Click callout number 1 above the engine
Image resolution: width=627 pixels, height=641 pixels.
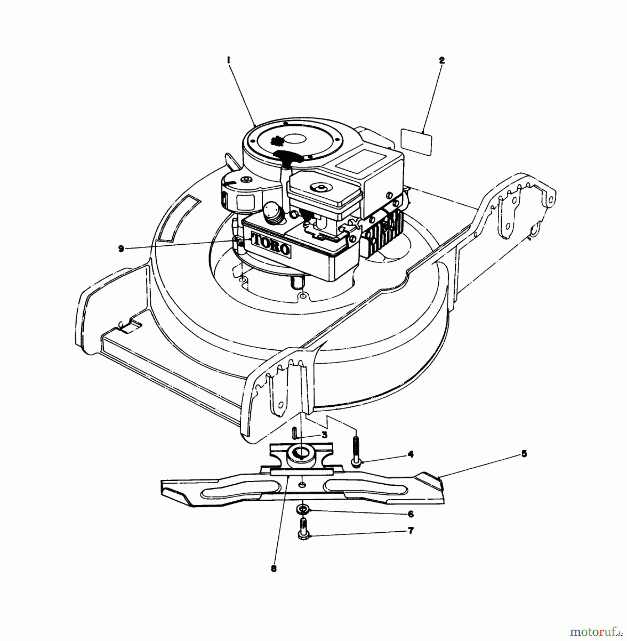tap(229, 61)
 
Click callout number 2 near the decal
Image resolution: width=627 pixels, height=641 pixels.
tap(442, 61)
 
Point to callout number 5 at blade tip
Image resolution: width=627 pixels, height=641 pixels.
tap(524, 454)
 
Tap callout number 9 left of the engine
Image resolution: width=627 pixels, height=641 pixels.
tap(121, 249)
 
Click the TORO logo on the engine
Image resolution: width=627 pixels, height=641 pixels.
tap(271, 245)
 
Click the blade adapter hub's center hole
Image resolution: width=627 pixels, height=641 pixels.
tap(299, 453)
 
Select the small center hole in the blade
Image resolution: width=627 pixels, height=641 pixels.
tap(302, 485)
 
